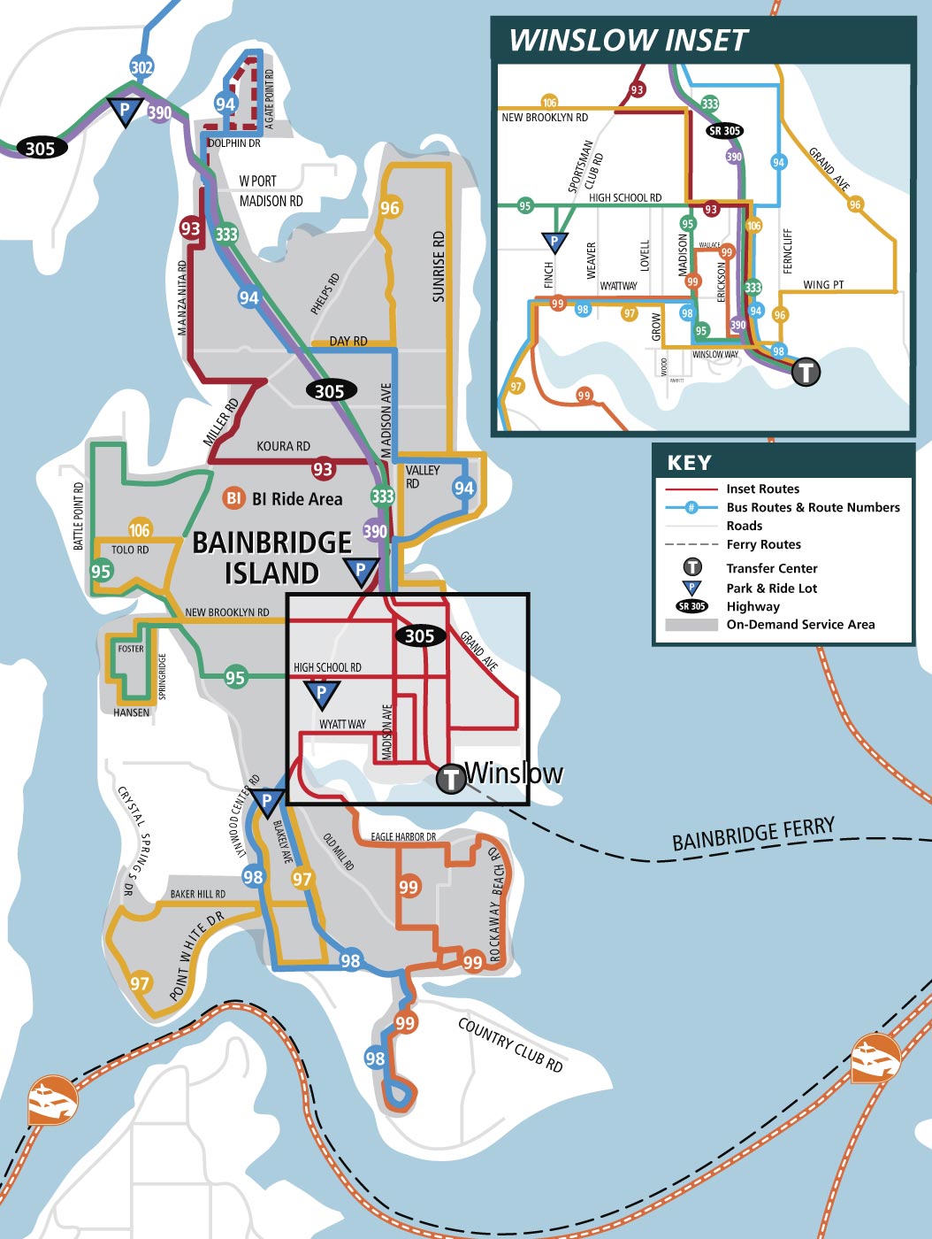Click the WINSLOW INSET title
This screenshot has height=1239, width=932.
(x=628, y=41)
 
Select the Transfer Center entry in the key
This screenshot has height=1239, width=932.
(x=771, y=568)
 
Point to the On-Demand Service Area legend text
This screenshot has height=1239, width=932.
(x=800, y=625)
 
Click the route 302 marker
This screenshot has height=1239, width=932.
(x=141, y=67)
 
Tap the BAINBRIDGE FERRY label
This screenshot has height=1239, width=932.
(x=752, y=835)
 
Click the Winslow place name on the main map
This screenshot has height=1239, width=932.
(x=514, y=773)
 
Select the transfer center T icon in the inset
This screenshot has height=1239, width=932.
(x=805, y=372)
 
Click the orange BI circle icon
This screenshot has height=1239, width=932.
(x=233, y=498)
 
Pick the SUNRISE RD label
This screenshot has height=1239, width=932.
(x=439, y=266)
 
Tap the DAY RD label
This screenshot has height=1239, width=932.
(x=348, y=341)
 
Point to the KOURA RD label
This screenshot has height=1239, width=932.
(x=283, y=446)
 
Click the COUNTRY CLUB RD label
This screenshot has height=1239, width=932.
(x=510, y=1044)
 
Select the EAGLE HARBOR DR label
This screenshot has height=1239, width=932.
(x=403, y=836)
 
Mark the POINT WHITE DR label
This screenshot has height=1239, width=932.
(x=197, y=955)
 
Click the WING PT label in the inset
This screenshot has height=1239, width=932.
(x=823, y=285)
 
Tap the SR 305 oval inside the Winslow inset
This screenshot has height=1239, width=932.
(x=724, y=131)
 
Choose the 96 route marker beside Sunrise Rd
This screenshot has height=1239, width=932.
(x=390, y=208)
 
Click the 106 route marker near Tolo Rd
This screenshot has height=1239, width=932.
(x=140, y=529)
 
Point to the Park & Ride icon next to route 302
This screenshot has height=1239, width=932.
(x=125, y=112)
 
